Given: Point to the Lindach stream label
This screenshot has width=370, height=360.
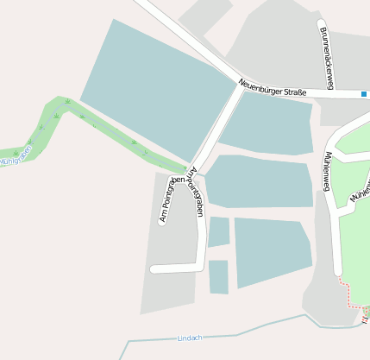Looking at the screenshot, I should click(189, 337).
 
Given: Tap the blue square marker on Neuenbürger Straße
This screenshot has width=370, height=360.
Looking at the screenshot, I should click(365, 93).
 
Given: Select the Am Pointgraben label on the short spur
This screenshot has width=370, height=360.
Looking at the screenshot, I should click(167, 200).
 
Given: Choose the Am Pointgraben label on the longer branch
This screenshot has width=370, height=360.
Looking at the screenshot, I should click(198, 192).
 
